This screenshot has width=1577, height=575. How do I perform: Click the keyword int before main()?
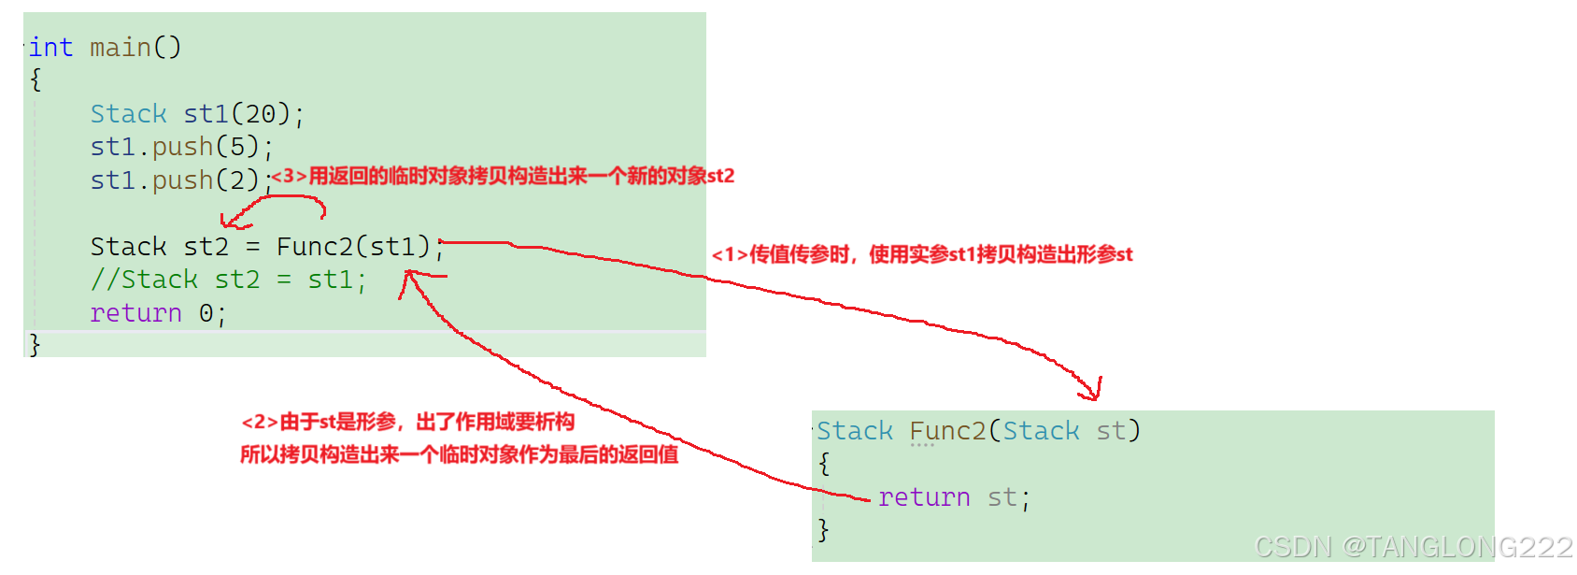coord(50,47)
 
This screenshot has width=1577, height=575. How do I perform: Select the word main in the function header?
coord(121,47)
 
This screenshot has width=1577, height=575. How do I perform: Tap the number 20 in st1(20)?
coord(261,114)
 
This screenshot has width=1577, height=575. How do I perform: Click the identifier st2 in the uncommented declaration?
coord(206,247)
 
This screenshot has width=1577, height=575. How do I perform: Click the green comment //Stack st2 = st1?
coord(228,280)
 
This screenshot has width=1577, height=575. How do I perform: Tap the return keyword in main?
coord(135,313)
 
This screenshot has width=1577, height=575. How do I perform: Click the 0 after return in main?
coord(206,313)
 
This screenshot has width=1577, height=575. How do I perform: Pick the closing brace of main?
coord(35,345)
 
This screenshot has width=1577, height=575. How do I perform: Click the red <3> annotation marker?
coord(289,177)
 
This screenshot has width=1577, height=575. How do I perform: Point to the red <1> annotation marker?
coord(730,254)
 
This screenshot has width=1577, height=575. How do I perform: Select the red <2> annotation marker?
coord(260,423)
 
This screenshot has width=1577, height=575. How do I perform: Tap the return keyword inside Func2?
coord(924,497)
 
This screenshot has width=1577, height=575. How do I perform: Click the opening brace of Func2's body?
coord(824,464)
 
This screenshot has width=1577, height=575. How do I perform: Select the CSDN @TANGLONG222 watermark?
coord(1413,546)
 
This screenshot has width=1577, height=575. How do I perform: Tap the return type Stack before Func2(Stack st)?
coord(855,431)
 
